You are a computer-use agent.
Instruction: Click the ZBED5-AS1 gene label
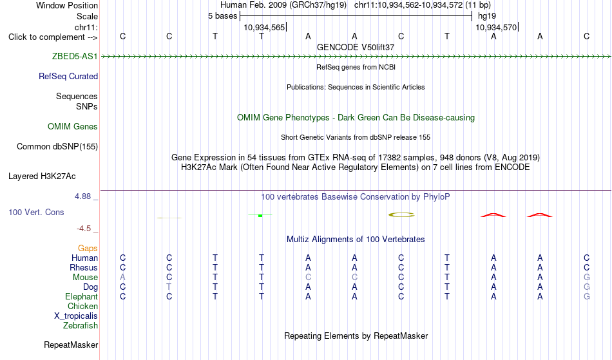click(75, 56)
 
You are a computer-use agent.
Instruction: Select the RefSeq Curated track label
click(68, 76)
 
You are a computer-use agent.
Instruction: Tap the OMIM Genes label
click(72, 126)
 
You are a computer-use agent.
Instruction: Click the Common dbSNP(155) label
click(57, 147)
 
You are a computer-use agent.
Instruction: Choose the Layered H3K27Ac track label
click(42, 176)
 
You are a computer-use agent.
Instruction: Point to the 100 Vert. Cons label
click(36, 212)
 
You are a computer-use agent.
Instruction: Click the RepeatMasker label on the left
click(71, 345)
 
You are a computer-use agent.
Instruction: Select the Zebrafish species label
click(81, 325)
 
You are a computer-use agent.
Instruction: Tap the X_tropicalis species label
click(76, 316)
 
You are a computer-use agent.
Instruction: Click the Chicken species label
click(82, 306)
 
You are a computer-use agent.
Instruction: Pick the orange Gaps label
click(88, 248)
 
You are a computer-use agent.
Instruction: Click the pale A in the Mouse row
click(122, 278)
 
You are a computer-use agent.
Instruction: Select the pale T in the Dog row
click(169, 287)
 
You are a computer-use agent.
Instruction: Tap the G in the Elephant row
click(586, 296)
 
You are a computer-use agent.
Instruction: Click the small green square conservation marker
click(260, 215)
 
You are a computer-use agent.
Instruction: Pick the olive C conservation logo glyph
click(401, 214)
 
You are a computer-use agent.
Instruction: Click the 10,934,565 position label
click(264, 27)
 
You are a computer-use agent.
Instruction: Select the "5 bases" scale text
click(222, 16)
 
